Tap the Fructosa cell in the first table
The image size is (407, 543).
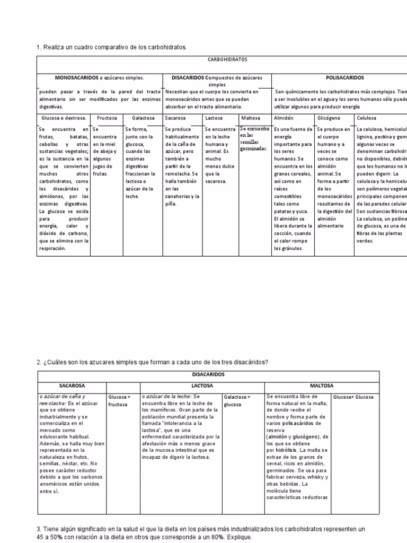pyautogui.click(x=106, y=118)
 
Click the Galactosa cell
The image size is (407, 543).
pyautogui.click(x=143, y=118)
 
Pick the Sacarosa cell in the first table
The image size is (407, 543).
pyautogui.click(x=175, y=118)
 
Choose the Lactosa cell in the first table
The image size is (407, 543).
pyautogui.click(x=214, y=118)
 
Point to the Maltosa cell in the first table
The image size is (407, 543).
pyautogui.click(x=251, y=118)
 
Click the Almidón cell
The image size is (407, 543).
pyautogui.click(x=284, y=118)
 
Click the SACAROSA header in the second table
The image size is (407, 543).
pyautogui.click(x=72, y=386)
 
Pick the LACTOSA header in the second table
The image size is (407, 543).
pyautogui.click(x=202, y=386)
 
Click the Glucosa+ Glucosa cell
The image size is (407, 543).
pyautogui.click(x=353, y=397)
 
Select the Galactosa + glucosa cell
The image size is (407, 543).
pyautogui.click(x=237, y=400)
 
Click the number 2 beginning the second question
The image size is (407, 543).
pyautogui.click(x=39, y=362)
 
